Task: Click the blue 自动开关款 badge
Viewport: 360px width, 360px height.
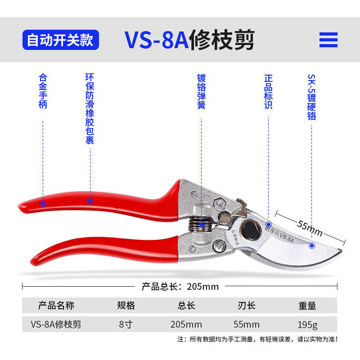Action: [x=60, y=40]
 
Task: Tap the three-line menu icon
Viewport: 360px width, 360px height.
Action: [x=328, y=40]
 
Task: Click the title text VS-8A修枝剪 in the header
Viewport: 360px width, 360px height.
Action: [x=189, y=40]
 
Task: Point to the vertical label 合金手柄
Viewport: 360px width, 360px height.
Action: [x=43, y=91]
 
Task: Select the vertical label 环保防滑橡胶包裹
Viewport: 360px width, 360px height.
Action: [x=90, y=109]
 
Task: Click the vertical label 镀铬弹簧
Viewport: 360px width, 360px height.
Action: [x=201, y=91]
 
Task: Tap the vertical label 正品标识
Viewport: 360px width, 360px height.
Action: [x=268, y=91]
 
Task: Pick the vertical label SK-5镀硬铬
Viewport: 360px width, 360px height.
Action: [x=311, y=97]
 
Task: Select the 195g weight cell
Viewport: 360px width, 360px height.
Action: [x=307, y=324]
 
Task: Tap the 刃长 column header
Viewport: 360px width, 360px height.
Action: [x=246, y=306]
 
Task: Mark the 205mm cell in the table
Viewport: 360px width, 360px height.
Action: [x=186, y=324]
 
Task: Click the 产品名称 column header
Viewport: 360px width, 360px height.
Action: [x=56, y=306]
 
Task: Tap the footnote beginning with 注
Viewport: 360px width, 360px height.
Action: [x=257, y=339]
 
